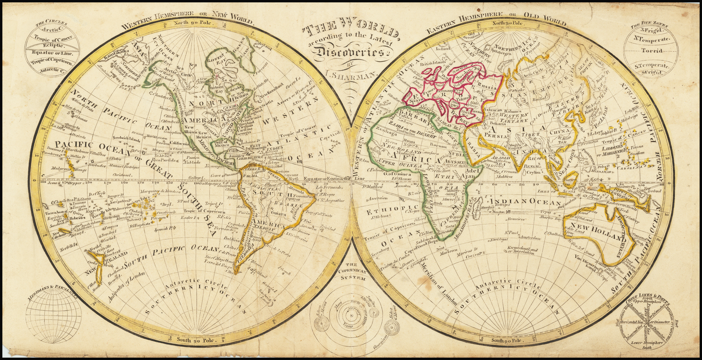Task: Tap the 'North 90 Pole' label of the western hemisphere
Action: (192, 22)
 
